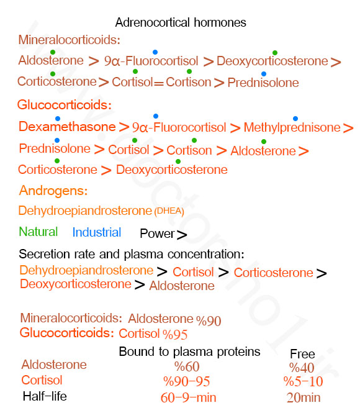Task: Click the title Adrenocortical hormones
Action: pyautogui.click(x=181, y=22)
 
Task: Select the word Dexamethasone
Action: pyautogui.click(x=67, y=127)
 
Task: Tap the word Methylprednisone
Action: pyautogui.click(x=292, y=128)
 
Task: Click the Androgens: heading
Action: pyautogui.click(x=53, y=191)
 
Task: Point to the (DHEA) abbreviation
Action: pyautogui.click(x=169, y=211)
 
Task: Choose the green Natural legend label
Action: pyautogui.click(x=38, y=232)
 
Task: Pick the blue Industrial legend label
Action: pyautogui.click(x=97, y=232)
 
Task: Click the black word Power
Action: pyautogui.click(x=157, y=234)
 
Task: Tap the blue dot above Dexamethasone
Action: pyautogui.click(x=58, y=119)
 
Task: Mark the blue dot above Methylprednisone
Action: pyautogui.click(x=295, y=119)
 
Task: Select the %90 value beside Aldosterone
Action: pyautogui.click(x=209, y=320)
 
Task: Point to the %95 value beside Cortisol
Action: pyautogui.click(x=175, y=335)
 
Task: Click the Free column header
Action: pyautogui.click(x=302, y=354)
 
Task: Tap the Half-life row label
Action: pyautogui.click(x=45, y=396)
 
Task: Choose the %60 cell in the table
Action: pyautogui.click(x=187, y=366)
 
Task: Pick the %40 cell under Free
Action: pyautogui.click(x=302, y=368)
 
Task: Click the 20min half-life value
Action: pyautogui.click(x=304, y=397)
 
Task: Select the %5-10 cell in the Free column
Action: pyautogui.click(x=303, y=381)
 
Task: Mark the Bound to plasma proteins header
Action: pyautogui.click(x=189, y=352)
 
